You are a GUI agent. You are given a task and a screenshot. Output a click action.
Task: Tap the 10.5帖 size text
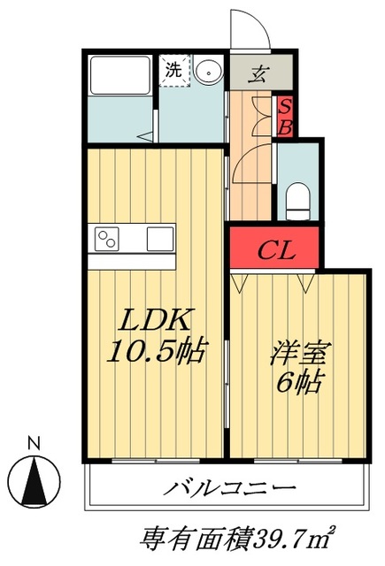(x=157, y=353)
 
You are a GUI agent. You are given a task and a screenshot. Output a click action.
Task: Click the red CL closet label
(x=277, y=249)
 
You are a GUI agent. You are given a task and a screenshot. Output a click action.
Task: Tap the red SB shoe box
(x=285, y=116)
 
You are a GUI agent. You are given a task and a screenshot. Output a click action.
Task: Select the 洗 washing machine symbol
(x=175, y=71)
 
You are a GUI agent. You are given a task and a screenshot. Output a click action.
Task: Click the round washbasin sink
(x=209, y=72)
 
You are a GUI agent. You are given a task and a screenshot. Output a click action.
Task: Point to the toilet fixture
(x=299, y=200)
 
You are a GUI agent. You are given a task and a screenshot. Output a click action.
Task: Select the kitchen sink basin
(x=160, y=239)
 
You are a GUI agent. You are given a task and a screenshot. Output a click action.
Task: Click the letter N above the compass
(x=33, y=442)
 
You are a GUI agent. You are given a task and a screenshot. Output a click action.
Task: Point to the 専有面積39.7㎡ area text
(x=239, y=538)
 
